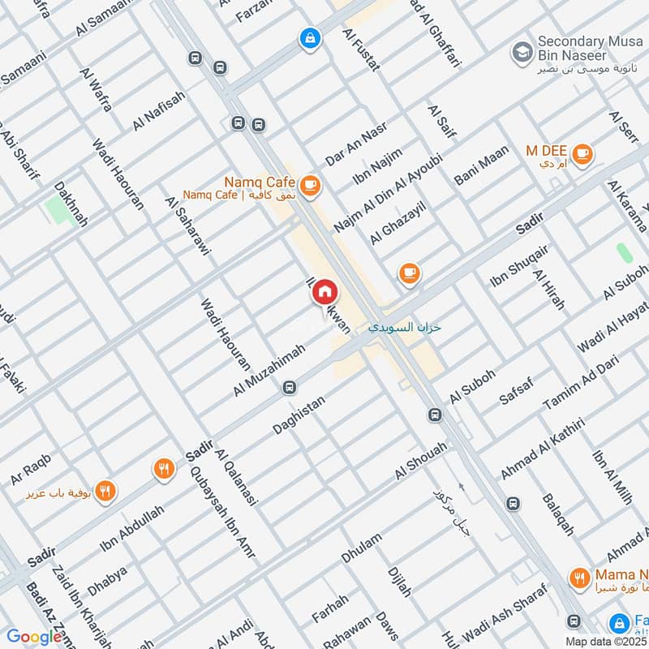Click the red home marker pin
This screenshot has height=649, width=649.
click(324, 293)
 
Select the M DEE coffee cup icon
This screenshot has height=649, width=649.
click(582, 152)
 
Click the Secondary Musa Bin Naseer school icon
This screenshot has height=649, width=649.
click(521, 54)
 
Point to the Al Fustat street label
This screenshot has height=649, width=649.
click(361, 50)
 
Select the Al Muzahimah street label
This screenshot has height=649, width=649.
click(269, 370)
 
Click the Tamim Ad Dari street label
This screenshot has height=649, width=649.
click(580, 383)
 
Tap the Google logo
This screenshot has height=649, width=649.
click(34, 637)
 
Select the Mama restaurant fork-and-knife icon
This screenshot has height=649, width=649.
click(578, 578)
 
